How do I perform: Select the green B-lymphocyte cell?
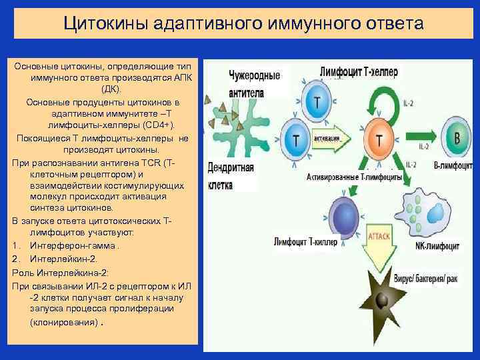tap(456, 139)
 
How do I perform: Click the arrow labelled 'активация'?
tap(340, 139)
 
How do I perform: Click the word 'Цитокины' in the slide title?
tap(103, 23)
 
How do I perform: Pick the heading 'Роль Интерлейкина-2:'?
tap(60, 273)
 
